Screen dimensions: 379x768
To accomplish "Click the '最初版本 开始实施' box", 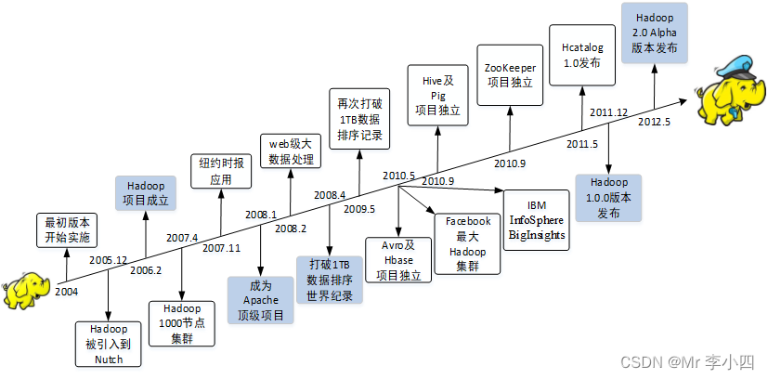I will click(68, 229).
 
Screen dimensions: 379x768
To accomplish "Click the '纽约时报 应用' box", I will click(220, 172).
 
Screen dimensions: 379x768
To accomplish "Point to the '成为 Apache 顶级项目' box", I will click(261, 299).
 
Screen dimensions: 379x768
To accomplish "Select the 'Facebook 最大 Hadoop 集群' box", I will click(467, 242).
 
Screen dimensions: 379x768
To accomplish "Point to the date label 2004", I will click(66, 292).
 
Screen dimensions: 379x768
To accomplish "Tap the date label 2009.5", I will click(359, 209).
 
